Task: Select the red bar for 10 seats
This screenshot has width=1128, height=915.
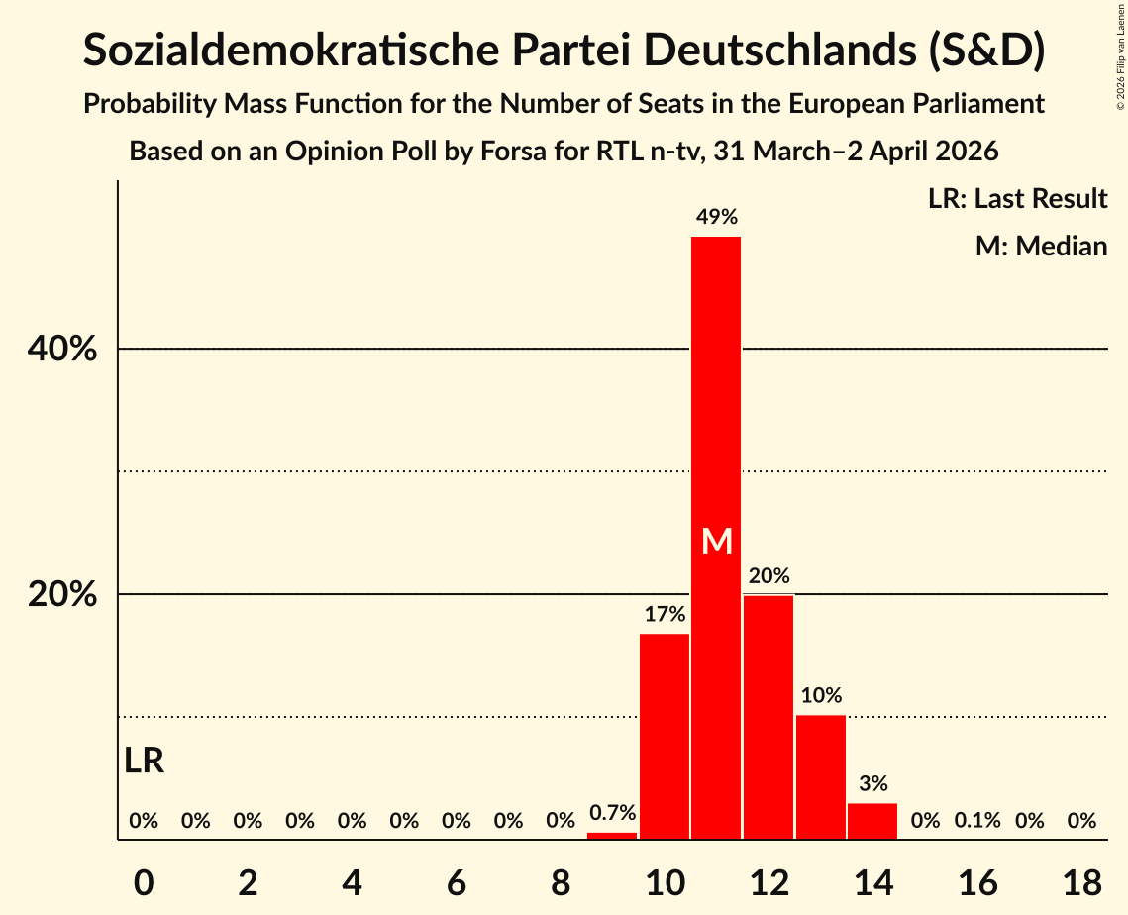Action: click(665, 737)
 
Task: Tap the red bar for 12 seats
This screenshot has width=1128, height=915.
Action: click(769, 717)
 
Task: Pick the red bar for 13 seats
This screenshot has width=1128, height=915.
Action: click(821, 777)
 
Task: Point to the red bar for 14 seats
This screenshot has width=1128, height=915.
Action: click(872, 821)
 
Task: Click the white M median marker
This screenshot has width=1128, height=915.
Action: click(716, 541)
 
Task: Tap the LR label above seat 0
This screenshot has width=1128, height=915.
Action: click(145, 761)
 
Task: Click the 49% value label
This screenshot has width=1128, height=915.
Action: click(716, 217)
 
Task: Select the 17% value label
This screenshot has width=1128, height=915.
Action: click(665, 614)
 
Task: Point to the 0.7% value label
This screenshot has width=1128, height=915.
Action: click(612, 813)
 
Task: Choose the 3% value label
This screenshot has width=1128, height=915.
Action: click(872, 783)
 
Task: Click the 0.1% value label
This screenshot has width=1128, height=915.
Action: click(977, 821)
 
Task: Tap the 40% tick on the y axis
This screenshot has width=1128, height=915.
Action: click(61, 350)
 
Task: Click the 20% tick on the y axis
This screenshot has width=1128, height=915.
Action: click(61, 595)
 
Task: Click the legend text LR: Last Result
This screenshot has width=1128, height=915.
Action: click(1017, 199)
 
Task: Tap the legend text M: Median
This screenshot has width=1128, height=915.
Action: click(1041, 246)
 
